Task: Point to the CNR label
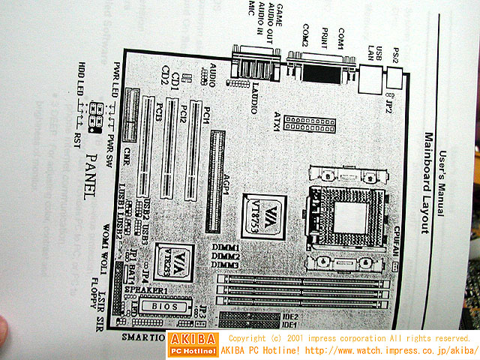tap(128, 156)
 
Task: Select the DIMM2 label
tap(246, 256)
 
